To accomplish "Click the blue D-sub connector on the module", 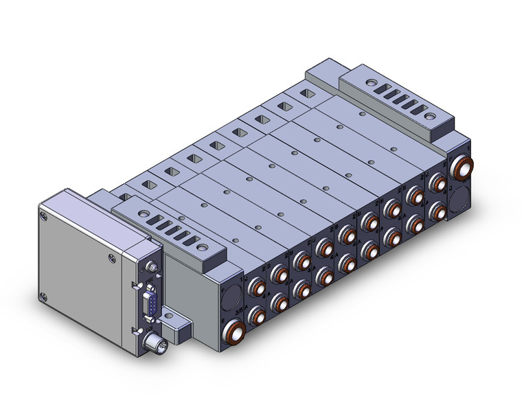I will tap(149, 302).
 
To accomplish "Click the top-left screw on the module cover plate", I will tap(46, 216).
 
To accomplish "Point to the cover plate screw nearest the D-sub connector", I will tap(111, 259).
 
